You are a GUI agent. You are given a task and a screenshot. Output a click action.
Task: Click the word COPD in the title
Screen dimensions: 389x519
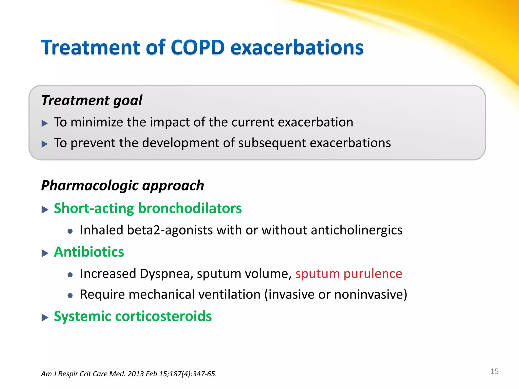197,48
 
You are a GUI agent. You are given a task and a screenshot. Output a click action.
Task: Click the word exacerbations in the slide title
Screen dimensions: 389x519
297,48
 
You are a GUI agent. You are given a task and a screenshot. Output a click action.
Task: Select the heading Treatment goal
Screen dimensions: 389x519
92,100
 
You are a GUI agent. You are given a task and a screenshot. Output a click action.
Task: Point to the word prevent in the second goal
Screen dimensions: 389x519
93,143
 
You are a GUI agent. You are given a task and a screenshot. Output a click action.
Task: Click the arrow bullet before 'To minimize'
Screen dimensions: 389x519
45,124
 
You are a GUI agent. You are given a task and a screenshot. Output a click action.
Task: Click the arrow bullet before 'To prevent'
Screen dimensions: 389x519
45,144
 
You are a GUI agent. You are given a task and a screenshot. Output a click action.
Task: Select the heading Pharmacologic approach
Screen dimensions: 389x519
122,185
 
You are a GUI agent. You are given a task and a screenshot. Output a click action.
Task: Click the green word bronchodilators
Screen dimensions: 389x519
190,208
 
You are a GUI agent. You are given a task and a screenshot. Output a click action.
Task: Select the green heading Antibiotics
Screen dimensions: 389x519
89,252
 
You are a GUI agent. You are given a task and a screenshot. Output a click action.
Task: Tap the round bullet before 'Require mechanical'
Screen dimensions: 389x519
70,296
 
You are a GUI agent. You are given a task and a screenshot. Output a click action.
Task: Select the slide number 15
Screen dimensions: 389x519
494,371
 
